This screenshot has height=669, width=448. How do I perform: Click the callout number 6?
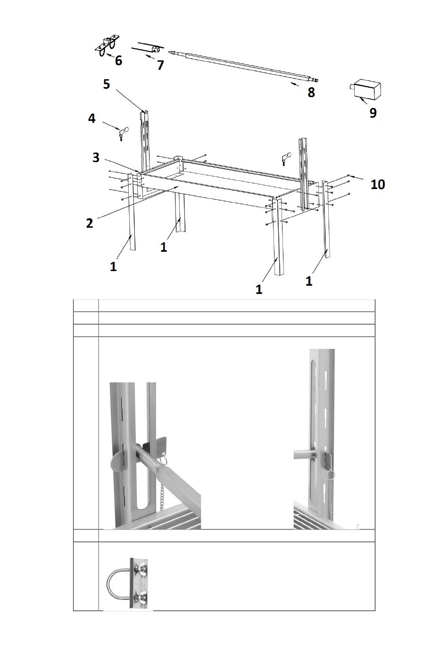[118, 61]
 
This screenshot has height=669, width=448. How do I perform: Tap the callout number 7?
[160, 65]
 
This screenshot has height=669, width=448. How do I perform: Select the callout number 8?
[311, 92]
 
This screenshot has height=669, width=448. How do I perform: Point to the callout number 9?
[373, 113]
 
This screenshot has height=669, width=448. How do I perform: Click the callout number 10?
[378, 184]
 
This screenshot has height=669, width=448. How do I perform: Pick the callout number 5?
[107, 84]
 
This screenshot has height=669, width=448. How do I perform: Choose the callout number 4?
[91, 118]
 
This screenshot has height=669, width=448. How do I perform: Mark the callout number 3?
[96, 157]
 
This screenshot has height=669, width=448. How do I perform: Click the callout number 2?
[90, 223]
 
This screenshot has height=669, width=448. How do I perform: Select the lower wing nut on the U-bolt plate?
[141, 598]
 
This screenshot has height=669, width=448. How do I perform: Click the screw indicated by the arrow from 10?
[348, 175]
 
